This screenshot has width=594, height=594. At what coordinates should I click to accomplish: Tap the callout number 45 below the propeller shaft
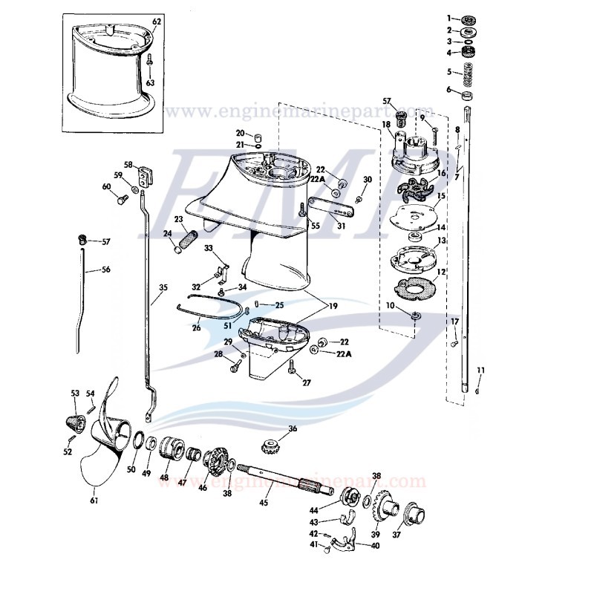click(263, 502)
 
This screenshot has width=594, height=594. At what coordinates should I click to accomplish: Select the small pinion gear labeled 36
click(272, 446)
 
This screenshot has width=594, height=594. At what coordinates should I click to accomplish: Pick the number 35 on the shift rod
click(163, 287)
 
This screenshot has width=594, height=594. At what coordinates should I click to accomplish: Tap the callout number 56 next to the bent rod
click(106, 270)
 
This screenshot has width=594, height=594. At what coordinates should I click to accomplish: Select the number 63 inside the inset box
click(151, 83)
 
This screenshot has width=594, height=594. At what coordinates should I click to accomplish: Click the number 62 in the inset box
click(157, 22)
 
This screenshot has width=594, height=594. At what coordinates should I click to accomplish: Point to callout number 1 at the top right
click(448, 17)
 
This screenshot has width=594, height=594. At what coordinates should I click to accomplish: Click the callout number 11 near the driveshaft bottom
click(480, 371)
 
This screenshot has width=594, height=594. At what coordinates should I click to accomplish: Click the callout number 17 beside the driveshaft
click(455, 321)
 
